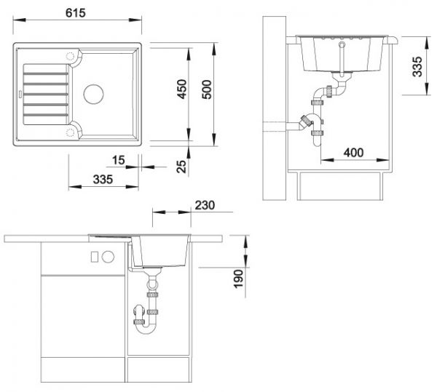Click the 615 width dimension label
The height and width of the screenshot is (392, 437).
(76, 13)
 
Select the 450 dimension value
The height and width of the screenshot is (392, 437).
(182, 89)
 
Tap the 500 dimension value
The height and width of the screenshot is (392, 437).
(207, 89)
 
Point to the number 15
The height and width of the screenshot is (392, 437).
(119, 160)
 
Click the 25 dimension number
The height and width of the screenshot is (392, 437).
(181, 167)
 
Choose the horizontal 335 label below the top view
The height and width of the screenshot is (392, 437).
(103, 179)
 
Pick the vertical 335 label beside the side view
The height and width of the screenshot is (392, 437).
(417, 67)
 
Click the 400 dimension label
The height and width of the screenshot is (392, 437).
(353, 153)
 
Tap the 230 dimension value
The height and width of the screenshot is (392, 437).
(205, 205)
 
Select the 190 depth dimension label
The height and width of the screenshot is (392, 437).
(238, 279)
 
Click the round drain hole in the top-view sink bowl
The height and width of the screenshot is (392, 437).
(94, 94)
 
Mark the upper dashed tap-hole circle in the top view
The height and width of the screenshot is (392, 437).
(71, 56)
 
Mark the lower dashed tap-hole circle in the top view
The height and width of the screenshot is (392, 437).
(71, 132)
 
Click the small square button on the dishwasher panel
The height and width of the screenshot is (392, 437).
(95, 257)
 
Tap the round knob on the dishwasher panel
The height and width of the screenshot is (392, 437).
(108, 257)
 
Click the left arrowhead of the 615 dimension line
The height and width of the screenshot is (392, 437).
(19, 20)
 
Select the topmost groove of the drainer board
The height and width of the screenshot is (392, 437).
(46, 73)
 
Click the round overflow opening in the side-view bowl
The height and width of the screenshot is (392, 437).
(342, 44)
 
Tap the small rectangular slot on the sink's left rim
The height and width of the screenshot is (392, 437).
(20, 94)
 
